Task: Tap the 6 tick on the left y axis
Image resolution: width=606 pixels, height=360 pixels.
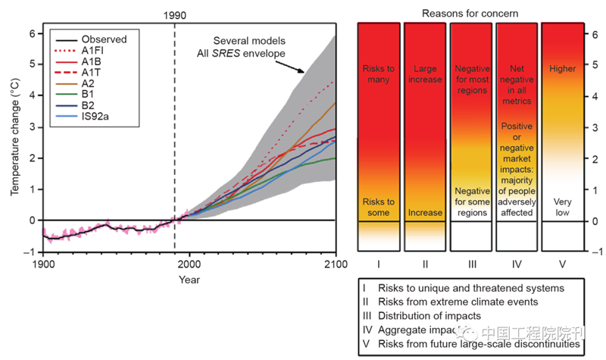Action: [x=33, y=33]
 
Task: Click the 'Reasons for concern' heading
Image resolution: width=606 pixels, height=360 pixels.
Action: [x=471, y=13]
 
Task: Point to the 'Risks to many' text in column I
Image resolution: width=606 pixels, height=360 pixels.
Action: [x=380, y=74]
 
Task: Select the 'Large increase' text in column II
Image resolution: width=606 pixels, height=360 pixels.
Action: [x=426, y=74]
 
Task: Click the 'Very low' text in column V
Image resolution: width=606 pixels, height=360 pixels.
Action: [x=564, y=207]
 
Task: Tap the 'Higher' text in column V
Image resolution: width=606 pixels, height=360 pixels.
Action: [x=564, y=68]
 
